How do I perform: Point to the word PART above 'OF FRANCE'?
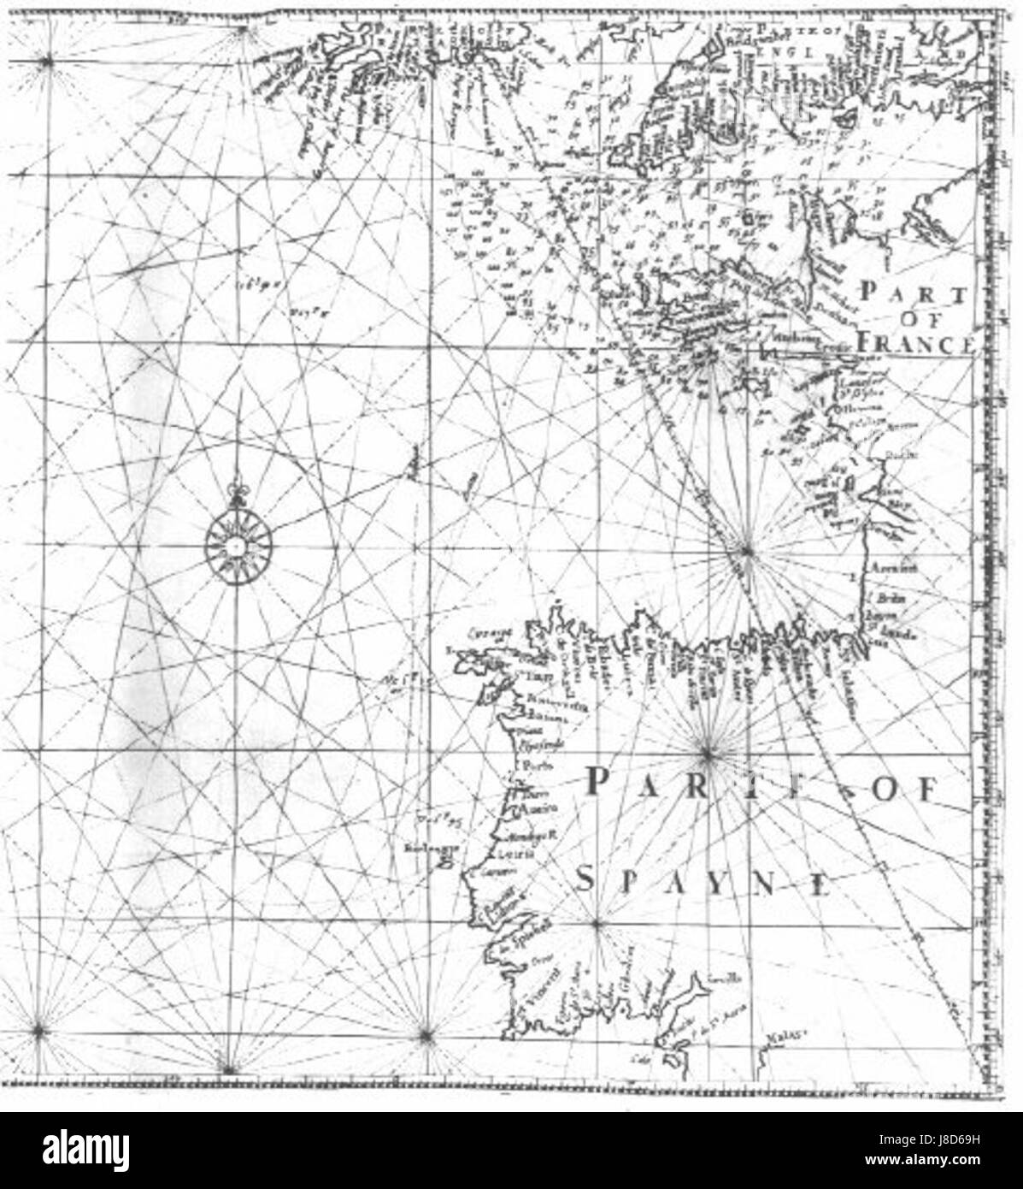coord(914,293)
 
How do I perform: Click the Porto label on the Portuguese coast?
coord(533,766)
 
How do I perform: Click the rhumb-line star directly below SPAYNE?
coord(597,924)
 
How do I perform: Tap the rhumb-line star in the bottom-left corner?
coord(38,1032)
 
